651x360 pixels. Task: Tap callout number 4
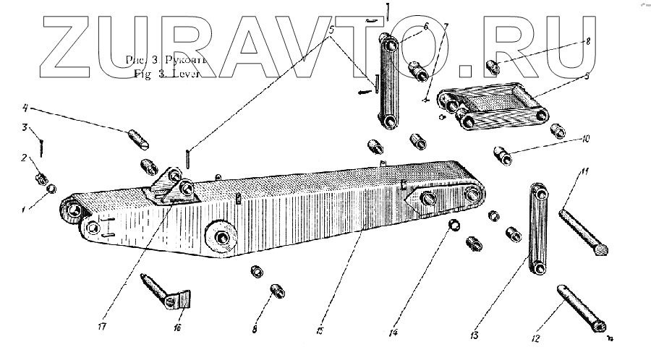point(25,109)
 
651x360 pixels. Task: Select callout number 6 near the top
point(426,26)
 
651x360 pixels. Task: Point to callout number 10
point(584,137)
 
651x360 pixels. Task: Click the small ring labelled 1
point(52,190)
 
